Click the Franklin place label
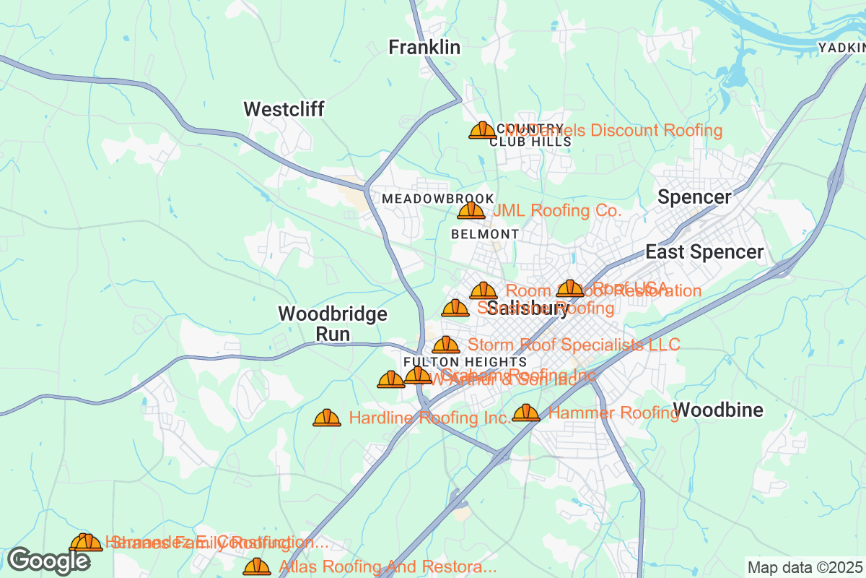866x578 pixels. (424, 48)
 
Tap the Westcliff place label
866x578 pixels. (284, 109)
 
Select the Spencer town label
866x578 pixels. (694, 197)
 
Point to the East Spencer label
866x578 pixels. (704, 252)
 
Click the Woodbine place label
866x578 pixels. (717, 410)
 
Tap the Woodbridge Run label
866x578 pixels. (333, 324)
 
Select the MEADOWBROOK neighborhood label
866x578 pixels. (437, 199)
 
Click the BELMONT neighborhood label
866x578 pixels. (484, 234)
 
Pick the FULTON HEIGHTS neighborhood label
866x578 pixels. (465, 361)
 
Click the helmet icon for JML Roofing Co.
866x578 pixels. (471, 210)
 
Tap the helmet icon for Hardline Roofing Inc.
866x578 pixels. (327, 418)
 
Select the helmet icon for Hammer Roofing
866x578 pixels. (526, 413)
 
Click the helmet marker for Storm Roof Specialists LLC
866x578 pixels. (446, 345)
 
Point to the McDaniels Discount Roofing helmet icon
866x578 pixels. (482, 130)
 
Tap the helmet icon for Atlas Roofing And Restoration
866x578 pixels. (257, 566)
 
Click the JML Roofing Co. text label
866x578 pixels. (556, 211)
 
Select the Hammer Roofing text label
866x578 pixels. (613, 413)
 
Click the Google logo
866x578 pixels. (49, 560)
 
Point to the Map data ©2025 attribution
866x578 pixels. (804, 567)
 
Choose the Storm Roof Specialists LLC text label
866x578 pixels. (574, 345)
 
